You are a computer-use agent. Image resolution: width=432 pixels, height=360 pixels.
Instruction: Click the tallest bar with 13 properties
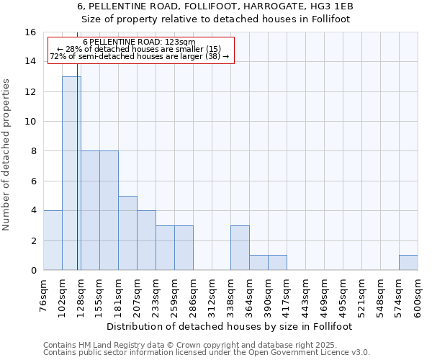tap(71, 173)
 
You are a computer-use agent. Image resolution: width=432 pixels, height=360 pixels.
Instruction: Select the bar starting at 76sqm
tap(53, 240)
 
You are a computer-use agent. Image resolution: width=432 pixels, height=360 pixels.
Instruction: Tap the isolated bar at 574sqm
tap(408, 263)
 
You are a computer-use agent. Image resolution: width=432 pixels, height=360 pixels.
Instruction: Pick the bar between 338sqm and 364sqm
tap(240, 248)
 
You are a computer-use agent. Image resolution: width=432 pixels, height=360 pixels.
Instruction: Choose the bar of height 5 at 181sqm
tap(127, 233)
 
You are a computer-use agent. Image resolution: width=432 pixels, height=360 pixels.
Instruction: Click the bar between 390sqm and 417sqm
tap(277, 263)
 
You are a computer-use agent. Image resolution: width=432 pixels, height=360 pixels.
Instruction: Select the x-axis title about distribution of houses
tap(229, 326)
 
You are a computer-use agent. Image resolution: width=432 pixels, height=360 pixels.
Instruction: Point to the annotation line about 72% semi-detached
tap(140, 56)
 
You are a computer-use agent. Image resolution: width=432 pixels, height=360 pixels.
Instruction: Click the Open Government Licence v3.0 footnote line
tap(207, 353)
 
